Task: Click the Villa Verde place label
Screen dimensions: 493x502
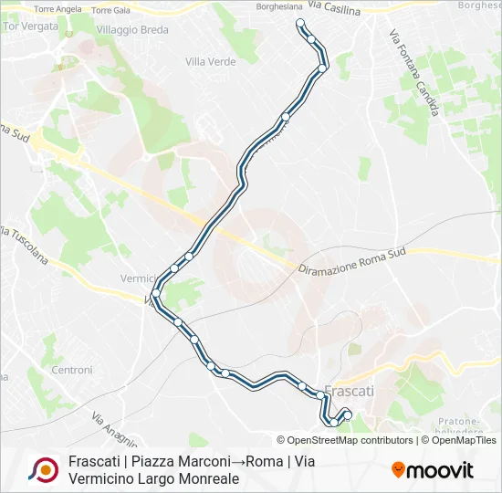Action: coord(210,62)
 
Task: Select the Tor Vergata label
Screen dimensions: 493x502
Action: coord(31,26)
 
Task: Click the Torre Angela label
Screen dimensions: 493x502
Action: coord(57,10)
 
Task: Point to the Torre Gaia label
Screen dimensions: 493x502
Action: coord(110,10)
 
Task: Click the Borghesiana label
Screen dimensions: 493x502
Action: coord(280,5)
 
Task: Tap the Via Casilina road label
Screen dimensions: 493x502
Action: coord(334,7)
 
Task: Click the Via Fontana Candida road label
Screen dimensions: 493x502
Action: coord(414,73)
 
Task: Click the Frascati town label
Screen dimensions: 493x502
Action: coord(350,390)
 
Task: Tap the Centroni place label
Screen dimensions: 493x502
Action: coord(72,370)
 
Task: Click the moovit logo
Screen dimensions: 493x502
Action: coord(433,470)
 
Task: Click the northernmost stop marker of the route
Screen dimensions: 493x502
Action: coord(299,24)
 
